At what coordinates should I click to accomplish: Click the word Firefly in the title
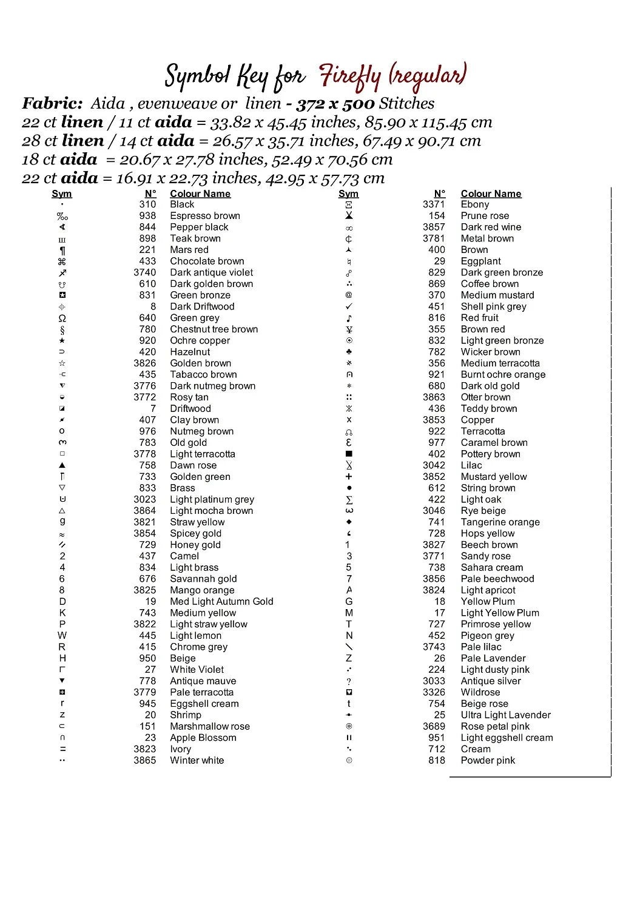(x=350, y=76)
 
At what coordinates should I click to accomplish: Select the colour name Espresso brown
(x=205, y=216)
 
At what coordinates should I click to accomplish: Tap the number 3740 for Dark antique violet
(x=144, y=272)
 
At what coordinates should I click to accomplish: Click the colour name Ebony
(x=474, y=204)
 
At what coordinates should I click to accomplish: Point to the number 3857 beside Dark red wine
(x=434, y=227)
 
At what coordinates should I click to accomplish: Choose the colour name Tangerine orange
(x=500, y=522)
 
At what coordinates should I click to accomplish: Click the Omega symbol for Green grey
(x=62, y=318)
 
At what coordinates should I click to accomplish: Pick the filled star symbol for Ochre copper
(x=62, y=341)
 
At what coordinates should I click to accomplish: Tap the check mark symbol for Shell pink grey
(x=349, y=306)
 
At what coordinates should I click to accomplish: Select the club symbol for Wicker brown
(x=349, y=352)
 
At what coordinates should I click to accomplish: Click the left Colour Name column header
(x=200, y=194)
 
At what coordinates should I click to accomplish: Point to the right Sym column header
(x=348, y=194)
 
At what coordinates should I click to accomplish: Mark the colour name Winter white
(x=197, y=761)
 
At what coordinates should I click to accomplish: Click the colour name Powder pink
(x=488, y=761)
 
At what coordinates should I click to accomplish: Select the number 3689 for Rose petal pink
(x=434, y=726)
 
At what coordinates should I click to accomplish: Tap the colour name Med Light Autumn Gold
(x=221, y=601)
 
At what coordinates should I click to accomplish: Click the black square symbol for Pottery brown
(x=349, y=454)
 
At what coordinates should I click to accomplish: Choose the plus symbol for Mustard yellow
(x=349, y=477)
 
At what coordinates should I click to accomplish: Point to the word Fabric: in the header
(x=53, y=104)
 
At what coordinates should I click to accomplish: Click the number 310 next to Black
(x=147, y=204)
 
